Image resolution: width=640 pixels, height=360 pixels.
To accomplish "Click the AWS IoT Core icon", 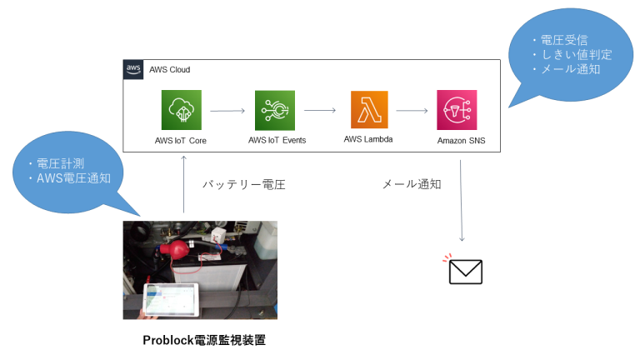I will pos(181,110).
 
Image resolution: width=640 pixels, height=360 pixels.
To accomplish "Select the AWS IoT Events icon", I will pos(276,110).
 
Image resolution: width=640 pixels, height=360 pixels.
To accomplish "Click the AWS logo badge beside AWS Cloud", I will pos(133,69).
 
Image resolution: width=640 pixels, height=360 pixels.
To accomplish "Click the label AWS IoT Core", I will pos(181,140).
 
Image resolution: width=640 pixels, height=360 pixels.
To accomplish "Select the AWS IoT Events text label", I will pos(277,140).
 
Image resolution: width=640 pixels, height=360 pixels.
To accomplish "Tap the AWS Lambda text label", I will pos(368,139).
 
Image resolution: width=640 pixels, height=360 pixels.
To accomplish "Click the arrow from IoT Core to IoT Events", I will pos(227,110).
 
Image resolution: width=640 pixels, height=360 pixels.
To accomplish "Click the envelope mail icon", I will pos(465,272).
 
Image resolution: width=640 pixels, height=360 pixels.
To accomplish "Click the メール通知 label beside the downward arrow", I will pos(411,184).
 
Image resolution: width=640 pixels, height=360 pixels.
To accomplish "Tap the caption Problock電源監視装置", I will pos(204,340).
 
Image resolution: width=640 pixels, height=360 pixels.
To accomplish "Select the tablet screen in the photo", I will pos(171,300).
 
